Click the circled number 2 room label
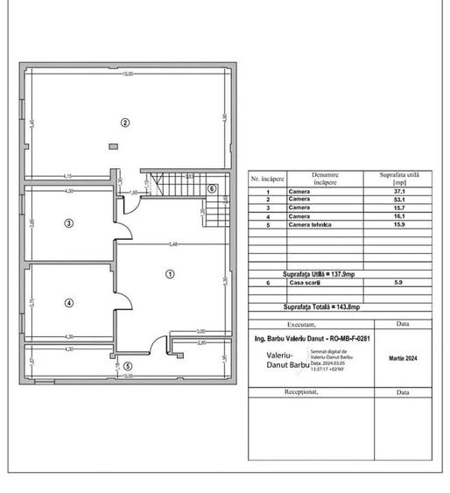(125, 123)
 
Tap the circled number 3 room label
(68, 223)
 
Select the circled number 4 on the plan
(68, 303)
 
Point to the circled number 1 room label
(170, 274)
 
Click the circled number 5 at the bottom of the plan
(128, 366)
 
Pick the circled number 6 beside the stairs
(212, 188)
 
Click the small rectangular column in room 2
(112, 146)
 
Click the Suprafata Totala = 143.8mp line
(320, 307)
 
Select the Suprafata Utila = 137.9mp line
(320, 274)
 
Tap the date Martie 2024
(402, 358)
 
